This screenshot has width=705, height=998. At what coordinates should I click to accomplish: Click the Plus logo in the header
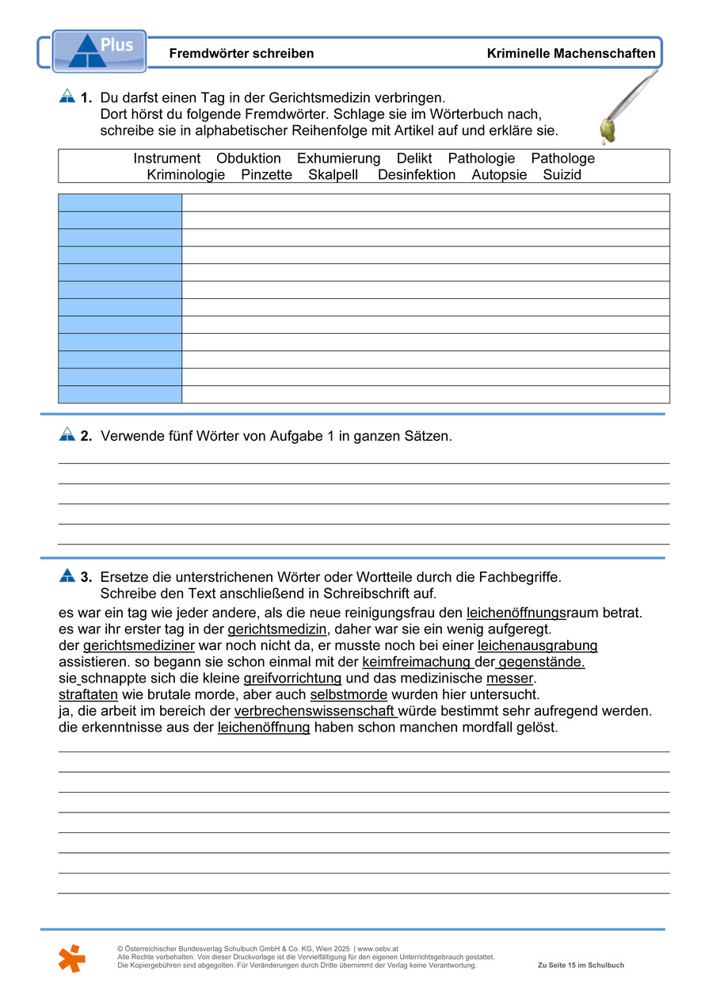[x=99, y=52]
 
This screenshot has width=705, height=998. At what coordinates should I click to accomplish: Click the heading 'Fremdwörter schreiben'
[x=242, y=54]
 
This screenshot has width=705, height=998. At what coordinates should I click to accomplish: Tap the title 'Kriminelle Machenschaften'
[x=571, y=54]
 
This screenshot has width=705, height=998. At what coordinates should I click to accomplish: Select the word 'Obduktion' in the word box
[x=249, y=159]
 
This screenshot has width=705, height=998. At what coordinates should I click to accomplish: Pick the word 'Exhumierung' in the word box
[x=338, y=159]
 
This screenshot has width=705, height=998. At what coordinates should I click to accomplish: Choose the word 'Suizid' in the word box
[x=562, y=175]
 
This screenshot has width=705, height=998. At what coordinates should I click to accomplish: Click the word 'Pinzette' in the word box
[x=266, y=175]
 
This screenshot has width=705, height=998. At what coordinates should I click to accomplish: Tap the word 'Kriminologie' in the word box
[x=185, y=175]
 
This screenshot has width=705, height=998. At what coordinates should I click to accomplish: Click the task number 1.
[x=86, y=98]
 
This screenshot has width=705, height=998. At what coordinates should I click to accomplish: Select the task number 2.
[x=86, y=436]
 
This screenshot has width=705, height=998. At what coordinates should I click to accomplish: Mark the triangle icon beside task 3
[x=67, y=575]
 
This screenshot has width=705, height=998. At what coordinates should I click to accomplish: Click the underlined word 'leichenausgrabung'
[x=537, y=646]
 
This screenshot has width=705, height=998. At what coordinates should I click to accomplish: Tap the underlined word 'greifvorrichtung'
[x=292, y=679]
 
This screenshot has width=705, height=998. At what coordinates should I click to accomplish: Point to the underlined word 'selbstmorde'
[x=349, y=695]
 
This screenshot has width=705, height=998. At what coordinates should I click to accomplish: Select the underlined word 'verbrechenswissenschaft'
[x=315, y=712]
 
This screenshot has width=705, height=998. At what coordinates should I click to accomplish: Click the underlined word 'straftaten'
[x=89, y=695]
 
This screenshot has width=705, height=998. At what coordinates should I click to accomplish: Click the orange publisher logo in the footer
[x=71, y=958]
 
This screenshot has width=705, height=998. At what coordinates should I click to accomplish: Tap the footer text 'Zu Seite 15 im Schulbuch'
[x=581, y=965]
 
